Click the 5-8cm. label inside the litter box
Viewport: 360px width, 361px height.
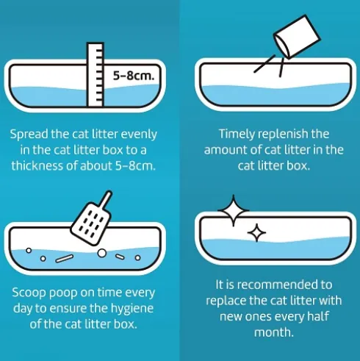134,76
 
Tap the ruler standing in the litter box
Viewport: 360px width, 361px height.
96,74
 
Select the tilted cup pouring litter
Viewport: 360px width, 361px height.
296,37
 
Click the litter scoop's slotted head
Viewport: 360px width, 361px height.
91,224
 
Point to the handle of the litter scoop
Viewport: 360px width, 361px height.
107,199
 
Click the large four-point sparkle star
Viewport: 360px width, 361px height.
233,210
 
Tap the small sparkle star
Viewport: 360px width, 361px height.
256,232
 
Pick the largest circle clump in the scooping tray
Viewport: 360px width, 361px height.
102,253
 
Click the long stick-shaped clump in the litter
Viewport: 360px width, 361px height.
64,259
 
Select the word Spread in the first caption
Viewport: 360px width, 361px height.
29,135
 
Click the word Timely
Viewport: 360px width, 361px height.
237,135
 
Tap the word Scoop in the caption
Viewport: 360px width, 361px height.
29,293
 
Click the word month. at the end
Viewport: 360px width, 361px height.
274,332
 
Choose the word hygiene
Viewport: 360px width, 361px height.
132,309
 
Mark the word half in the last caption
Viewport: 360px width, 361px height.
317,316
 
